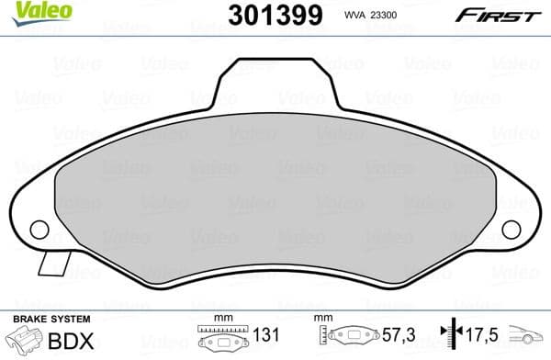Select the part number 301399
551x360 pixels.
274,16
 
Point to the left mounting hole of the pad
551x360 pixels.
39,229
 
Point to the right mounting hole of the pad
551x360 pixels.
511,230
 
